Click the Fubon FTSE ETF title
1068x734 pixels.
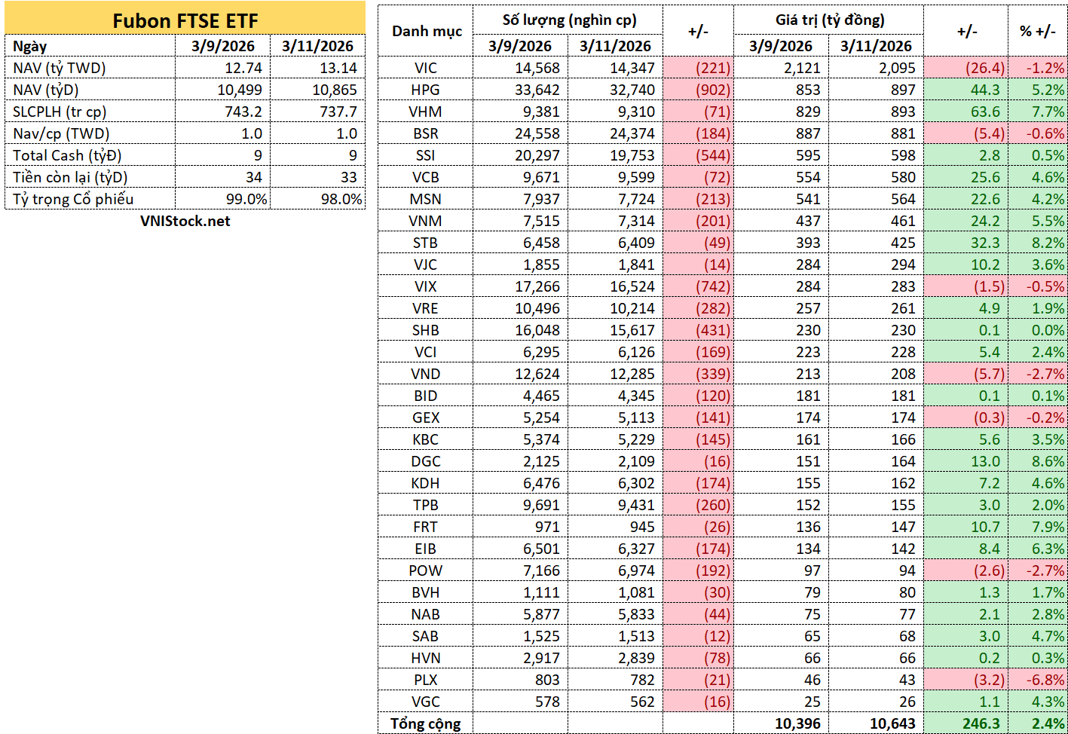click(185, 20)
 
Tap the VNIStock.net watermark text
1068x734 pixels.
click(185, 221)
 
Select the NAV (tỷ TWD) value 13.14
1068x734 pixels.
click(338, 68)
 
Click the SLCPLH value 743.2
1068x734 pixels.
click(243, 112)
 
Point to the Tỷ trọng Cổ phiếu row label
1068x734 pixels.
click(73, 199)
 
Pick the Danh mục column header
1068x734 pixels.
click(427, 32)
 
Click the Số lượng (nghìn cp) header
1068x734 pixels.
click(569, 20)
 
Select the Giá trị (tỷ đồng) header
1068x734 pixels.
click(830, 20)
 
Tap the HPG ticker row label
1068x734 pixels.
click(425, 90)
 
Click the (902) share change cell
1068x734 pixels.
click(713, 90)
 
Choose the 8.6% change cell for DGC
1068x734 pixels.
click(1048, 461)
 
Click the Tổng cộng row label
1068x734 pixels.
click(425, 723)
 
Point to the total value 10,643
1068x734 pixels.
click(892, 723)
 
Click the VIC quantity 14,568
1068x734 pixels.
click(537, 68)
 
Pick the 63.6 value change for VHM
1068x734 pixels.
click(986, 112)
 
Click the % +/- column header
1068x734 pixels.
click(1038, 32)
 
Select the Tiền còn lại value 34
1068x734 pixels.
click(254, 177)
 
